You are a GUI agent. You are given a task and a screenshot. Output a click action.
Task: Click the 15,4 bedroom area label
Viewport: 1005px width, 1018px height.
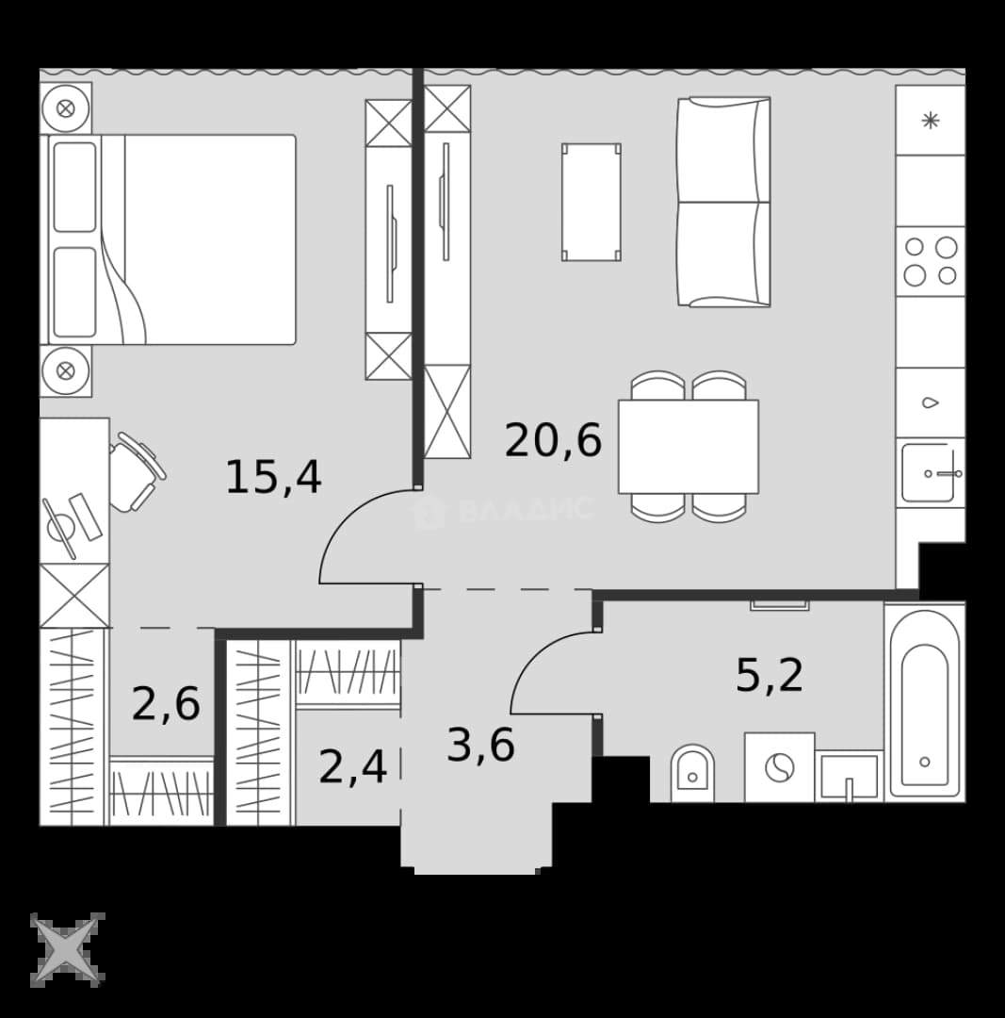point(273,477)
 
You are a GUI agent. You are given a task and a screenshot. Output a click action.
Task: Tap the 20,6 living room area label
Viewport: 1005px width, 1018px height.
point(553,441)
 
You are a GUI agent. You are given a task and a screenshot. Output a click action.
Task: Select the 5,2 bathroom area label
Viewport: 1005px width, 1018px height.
point(770,675)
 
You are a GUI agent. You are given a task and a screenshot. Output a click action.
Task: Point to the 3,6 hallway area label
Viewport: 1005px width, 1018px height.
point(480,745)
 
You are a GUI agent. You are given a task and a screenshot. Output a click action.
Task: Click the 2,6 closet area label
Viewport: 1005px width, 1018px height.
point(166,704)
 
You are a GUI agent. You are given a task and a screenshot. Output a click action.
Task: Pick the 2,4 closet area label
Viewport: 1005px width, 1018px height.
point(353,766)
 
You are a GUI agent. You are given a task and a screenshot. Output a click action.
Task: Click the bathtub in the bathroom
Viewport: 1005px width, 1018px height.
point(925,703)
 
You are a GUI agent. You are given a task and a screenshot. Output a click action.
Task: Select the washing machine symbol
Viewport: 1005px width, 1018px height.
point(779,767)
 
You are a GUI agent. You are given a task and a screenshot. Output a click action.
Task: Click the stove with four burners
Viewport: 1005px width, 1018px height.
point(931,262)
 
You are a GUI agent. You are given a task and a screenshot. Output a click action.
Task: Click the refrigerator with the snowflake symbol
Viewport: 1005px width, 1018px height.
point(931,120)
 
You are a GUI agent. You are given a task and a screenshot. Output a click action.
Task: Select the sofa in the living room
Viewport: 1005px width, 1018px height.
point(723,202)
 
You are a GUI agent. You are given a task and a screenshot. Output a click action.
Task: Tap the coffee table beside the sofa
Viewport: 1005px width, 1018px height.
point(592,202)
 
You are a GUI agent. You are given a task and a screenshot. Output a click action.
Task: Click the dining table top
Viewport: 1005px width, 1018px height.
point(689,447)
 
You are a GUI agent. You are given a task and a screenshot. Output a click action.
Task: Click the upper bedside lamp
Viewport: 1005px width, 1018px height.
point(66,108)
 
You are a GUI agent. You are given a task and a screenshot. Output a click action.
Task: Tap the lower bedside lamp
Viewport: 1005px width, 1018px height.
point(66,370)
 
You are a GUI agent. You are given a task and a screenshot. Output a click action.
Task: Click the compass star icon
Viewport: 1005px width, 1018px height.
point(68,949)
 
